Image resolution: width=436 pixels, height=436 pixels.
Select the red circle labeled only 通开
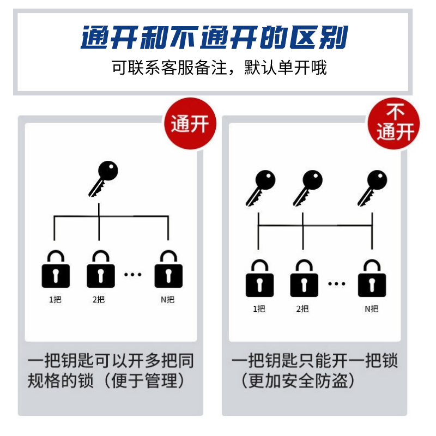point(190,124)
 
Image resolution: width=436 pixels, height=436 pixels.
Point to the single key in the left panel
point(104,178)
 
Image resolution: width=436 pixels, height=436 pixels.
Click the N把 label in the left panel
point(168,300)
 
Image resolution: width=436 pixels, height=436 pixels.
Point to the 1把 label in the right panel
point(259,308)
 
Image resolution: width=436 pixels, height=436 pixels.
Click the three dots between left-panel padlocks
point(133,274)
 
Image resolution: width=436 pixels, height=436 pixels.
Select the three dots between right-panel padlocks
point(337,283)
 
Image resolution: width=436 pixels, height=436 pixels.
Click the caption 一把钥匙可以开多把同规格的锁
point(111,371)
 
